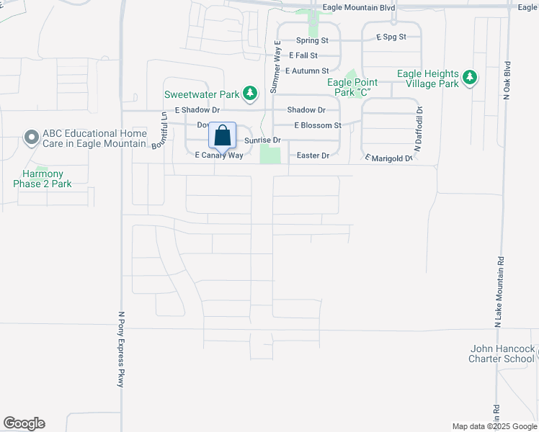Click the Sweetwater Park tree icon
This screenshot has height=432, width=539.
coord(250,93)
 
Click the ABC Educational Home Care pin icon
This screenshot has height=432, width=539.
coord(31,137)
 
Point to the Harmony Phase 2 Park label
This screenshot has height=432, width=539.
coord(43,179)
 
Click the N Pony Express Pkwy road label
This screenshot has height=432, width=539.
coord(121,349)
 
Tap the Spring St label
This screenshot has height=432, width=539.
coord(311,41)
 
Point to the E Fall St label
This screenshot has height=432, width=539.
coord(303,55)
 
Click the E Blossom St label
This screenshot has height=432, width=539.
coord(317,125)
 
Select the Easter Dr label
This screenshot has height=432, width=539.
coord(313,156)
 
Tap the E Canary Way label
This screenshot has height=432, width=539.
coord(219,155)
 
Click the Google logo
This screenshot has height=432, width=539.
coord(24,423)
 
